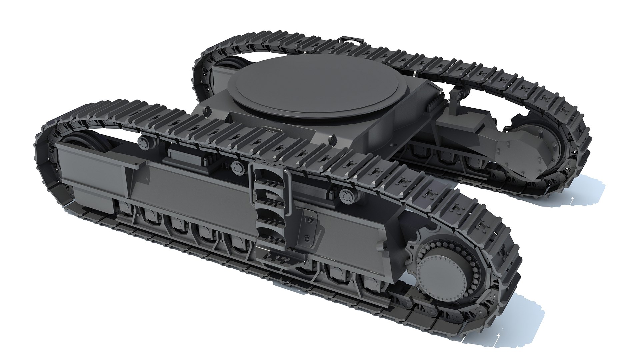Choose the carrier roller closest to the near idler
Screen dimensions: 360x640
tap(144, 143)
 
